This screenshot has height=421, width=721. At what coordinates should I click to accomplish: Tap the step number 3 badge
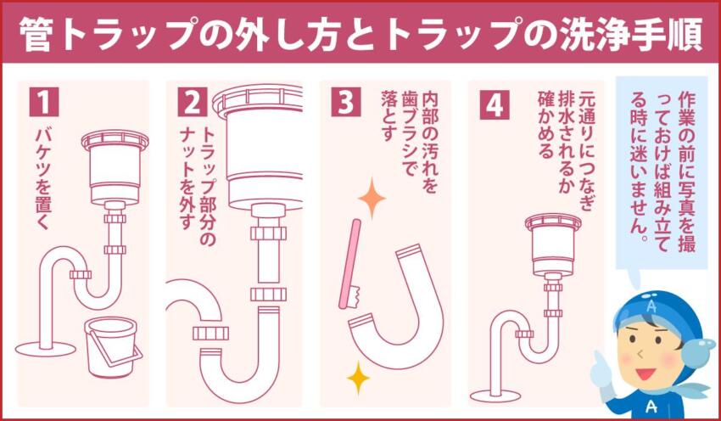point(341,102)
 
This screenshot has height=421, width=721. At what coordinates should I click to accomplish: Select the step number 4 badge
point(491,102)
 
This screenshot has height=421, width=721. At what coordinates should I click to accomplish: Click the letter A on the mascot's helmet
point(651,306)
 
